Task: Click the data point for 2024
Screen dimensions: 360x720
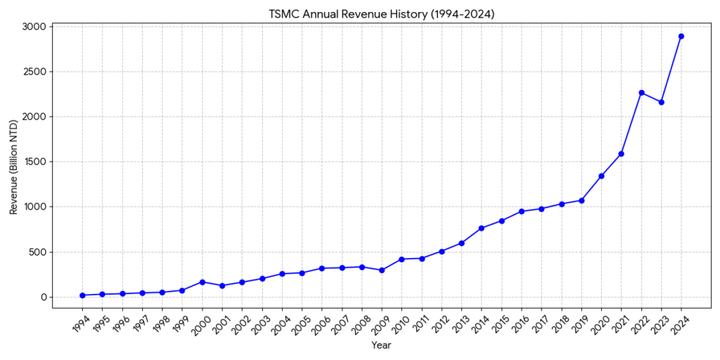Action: (681, 37)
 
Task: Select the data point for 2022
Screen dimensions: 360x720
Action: (641, 93)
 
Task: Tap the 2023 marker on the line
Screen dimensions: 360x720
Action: (661, 102)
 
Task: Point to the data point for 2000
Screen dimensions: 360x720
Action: (202, 282)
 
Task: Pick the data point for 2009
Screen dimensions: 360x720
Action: (382, 270)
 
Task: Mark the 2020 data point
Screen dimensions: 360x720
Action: (601, 176)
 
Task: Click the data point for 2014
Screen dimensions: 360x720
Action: (482, 228)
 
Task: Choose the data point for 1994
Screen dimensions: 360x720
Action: (82, 295)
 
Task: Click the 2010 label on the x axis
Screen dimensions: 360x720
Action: (400, 324)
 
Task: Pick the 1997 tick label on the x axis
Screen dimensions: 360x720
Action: (141, 324)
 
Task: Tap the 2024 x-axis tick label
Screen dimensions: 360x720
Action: (679, 324)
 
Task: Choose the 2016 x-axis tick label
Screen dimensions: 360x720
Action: (520, 324)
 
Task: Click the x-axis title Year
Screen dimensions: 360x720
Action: (382, 345)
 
